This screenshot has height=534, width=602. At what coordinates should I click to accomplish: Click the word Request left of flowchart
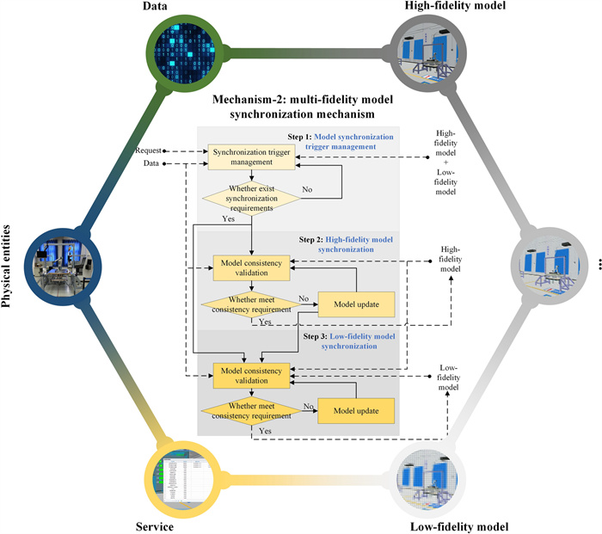pos(147,150)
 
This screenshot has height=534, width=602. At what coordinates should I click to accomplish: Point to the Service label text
pos(155,525)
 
